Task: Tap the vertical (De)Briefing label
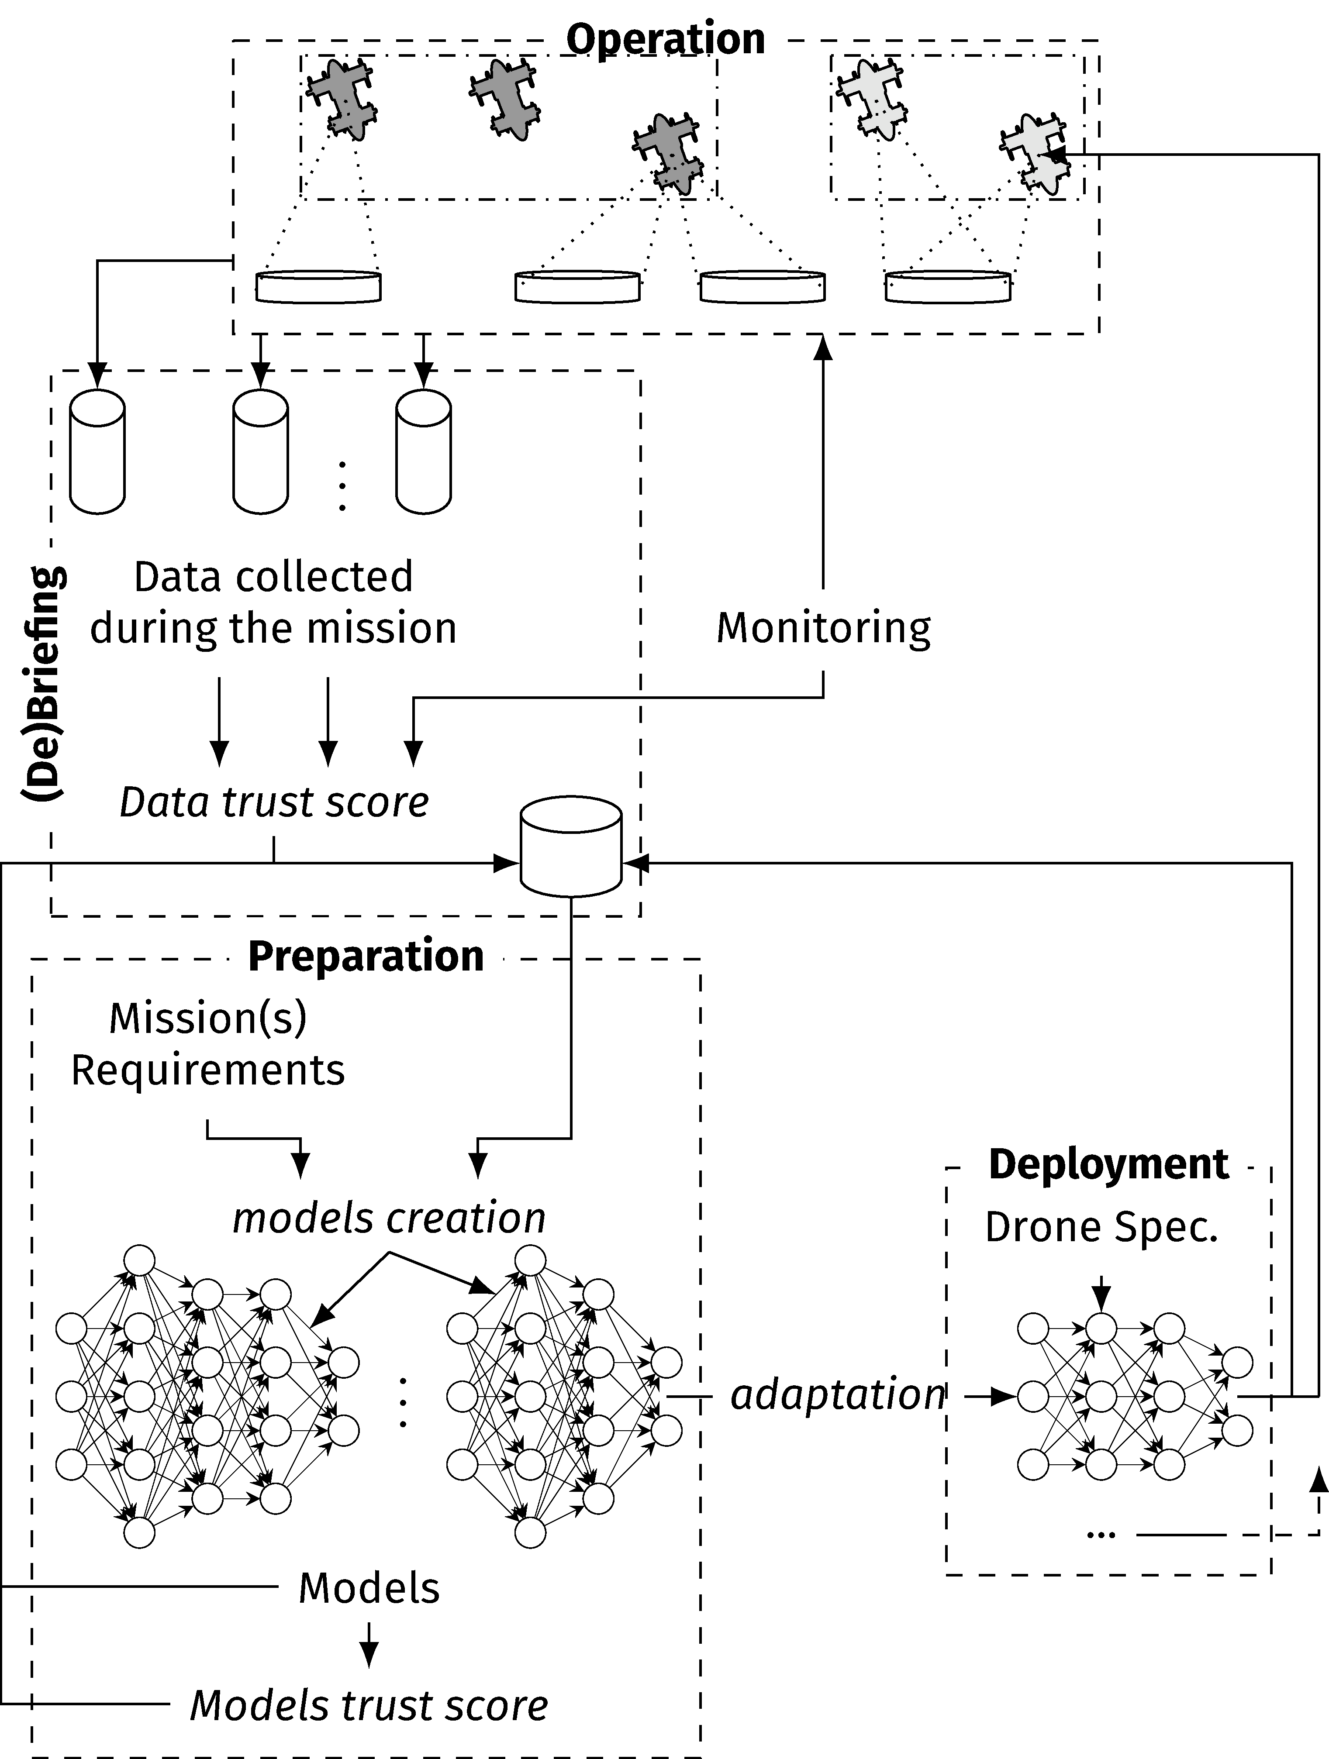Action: point(44,684)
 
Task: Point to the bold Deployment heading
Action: point(1108,1165)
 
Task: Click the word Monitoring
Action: point(823,628)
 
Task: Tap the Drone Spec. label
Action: point(1101,1227)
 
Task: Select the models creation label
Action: point(389,1218)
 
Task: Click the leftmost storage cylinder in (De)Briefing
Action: point(97,452)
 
